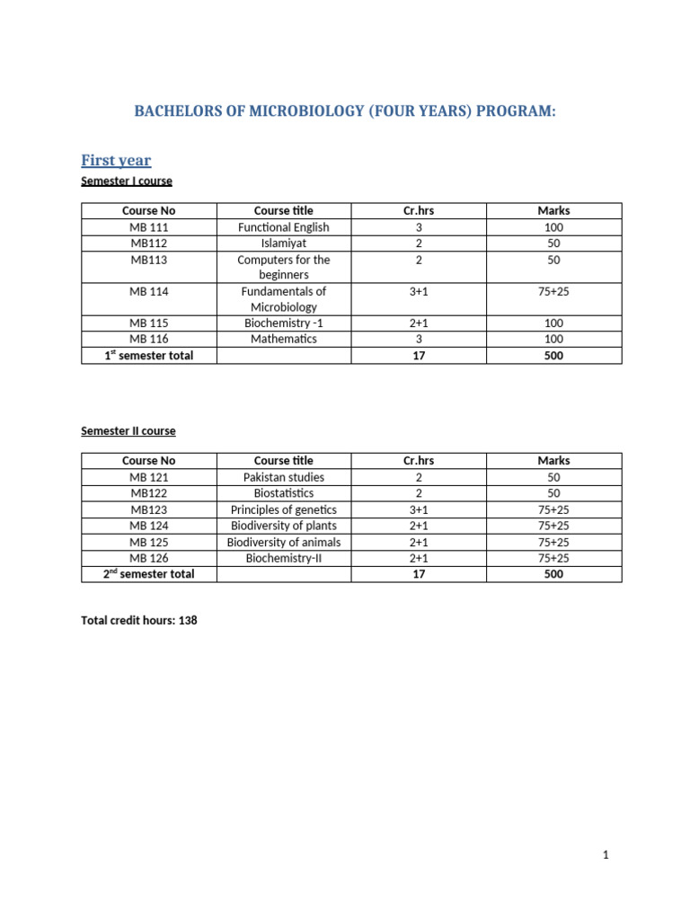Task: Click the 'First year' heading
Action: pos(116,161)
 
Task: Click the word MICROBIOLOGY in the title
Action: pos(284,112)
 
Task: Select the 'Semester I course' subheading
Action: pos(127,181)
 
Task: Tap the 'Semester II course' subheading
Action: pos(128,431)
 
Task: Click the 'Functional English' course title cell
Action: pos(284,227)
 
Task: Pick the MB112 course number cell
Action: pos(149,243)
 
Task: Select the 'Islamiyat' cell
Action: pos(284,243)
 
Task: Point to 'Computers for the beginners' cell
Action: pos(284,267)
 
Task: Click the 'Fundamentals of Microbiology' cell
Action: pos(284,299)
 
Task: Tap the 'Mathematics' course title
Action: pos(284,339)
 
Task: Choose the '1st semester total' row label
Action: pos(149,355)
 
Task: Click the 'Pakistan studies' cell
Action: pos(284,477)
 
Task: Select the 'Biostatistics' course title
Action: pos(284,493)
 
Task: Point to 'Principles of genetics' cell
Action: pos(284,509)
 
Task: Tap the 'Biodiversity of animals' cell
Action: pos(284,542)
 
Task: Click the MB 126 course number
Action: pos(149,558)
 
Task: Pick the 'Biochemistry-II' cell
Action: pos(284,558)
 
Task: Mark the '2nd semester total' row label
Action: pos(149,574)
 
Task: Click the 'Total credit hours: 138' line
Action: pos(139,620)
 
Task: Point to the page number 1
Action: pos(606,855)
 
